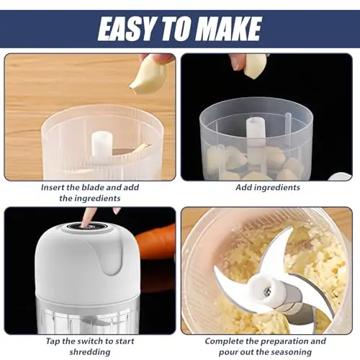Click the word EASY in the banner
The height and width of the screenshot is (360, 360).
[x=125, y=28]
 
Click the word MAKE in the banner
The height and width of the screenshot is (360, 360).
[x=230, y=28]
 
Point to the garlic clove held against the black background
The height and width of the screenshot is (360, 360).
[x=256, y=66]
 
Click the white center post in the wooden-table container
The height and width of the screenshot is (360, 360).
[x=102, y=145]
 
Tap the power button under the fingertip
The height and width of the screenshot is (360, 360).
[x=85, y=227]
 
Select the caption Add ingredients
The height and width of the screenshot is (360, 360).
[x=268, y=187]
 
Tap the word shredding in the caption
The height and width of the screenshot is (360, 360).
[x=90, y=352]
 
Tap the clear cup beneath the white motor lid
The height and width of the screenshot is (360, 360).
[x=87, y=317]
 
